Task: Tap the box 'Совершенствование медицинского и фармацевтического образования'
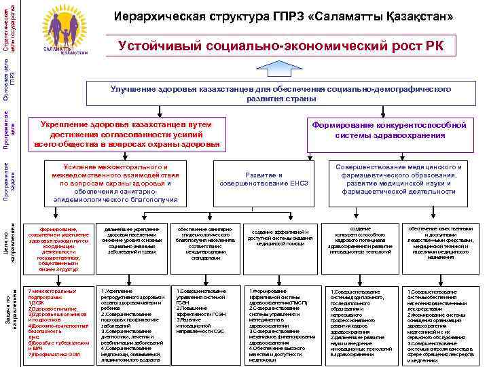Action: tap(398, 179)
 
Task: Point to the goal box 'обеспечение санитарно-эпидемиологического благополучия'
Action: tap(204, 243)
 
